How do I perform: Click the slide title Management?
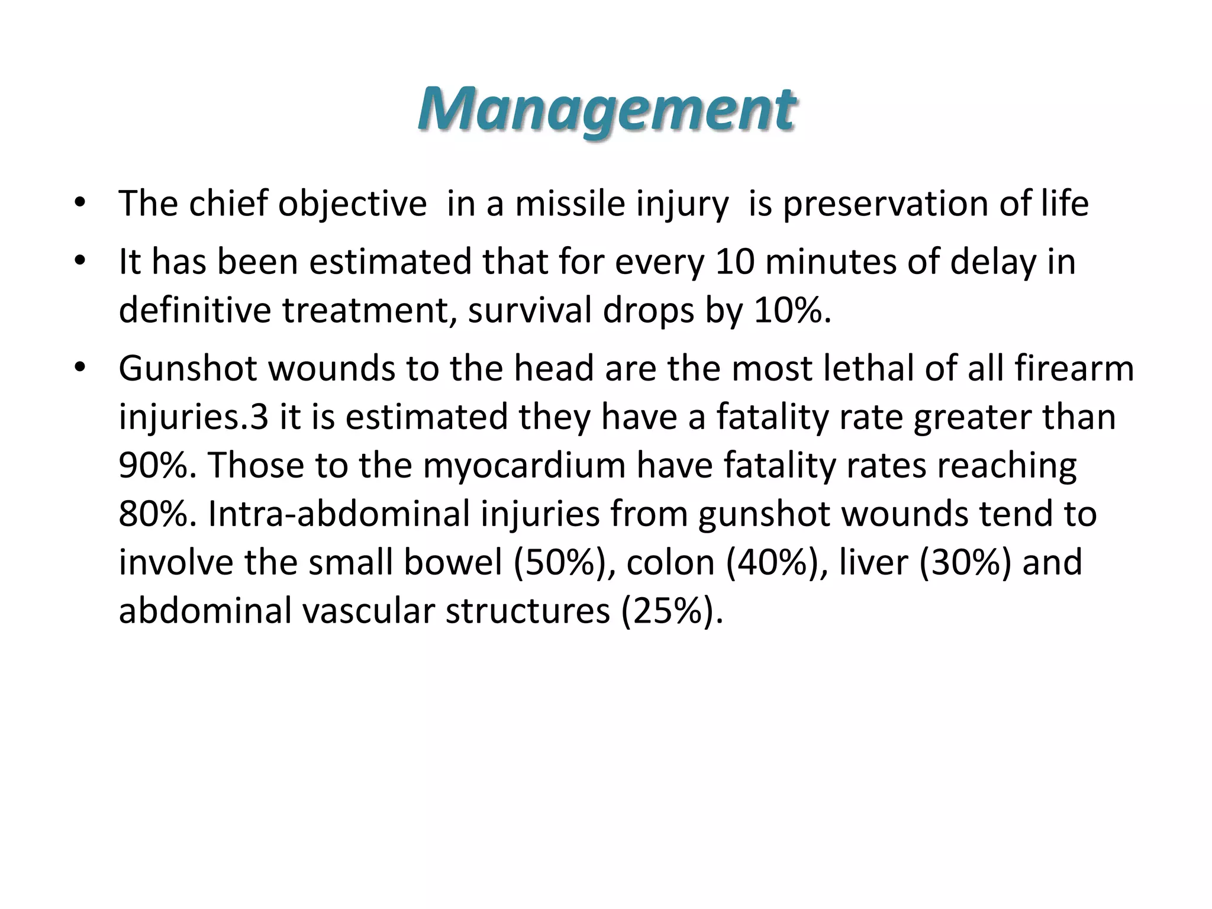pos(606,109)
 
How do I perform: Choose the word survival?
pos(530,310)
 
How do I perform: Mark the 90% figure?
pos(157,465)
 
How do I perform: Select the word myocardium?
pos(524,465)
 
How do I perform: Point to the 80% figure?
pos(157,514)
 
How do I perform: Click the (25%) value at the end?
pos(672,611)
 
